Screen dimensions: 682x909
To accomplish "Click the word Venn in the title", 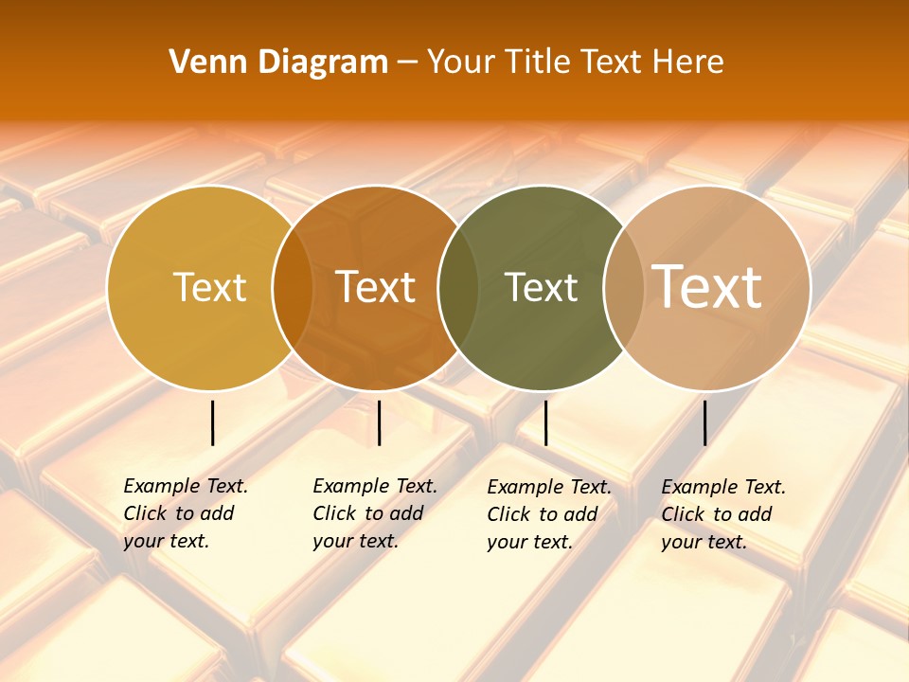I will coord(203,63).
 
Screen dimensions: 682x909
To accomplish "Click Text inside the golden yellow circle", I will coord(209,288).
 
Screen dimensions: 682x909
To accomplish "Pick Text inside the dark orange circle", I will coord(376,288).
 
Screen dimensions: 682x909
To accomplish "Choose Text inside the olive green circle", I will coord(541,288).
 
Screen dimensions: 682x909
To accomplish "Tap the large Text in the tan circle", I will coord(707,286).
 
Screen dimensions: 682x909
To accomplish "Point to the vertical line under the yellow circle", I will coord(213,422).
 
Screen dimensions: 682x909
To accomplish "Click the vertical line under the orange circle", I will coord(379,422).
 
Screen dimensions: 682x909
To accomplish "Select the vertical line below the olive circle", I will coord(545,422).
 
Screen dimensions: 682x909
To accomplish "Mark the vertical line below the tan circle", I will coord(704,422).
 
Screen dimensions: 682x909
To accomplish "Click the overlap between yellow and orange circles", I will coord(293,288).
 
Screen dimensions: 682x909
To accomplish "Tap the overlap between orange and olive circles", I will coord(458,288).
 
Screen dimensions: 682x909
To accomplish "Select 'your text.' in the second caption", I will coord(355,542).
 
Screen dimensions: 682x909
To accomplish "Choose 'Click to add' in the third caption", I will coord(543,514).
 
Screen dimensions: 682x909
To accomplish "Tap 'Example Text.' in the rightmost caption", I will coord(723,488).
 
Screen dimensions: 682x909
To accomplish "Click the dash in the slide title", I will coord(408,63).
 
